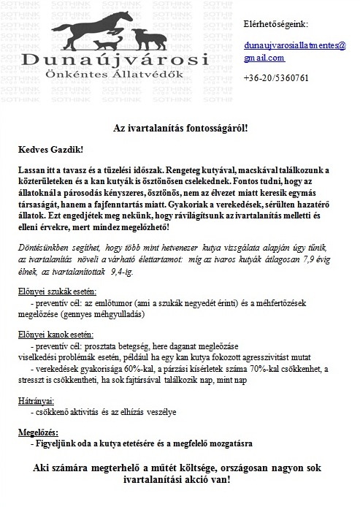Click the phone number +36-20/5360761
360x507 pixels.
pyautogui.click(x=276, y=77)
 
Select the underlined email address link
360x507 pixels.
pyautogui.click(x=295, y=51)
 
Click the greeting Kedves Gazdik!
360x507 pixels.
pyautogui.click(x=52, y=149)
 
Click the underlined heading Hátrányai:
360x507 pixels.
pyautogui.click(x=35, y=401)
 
